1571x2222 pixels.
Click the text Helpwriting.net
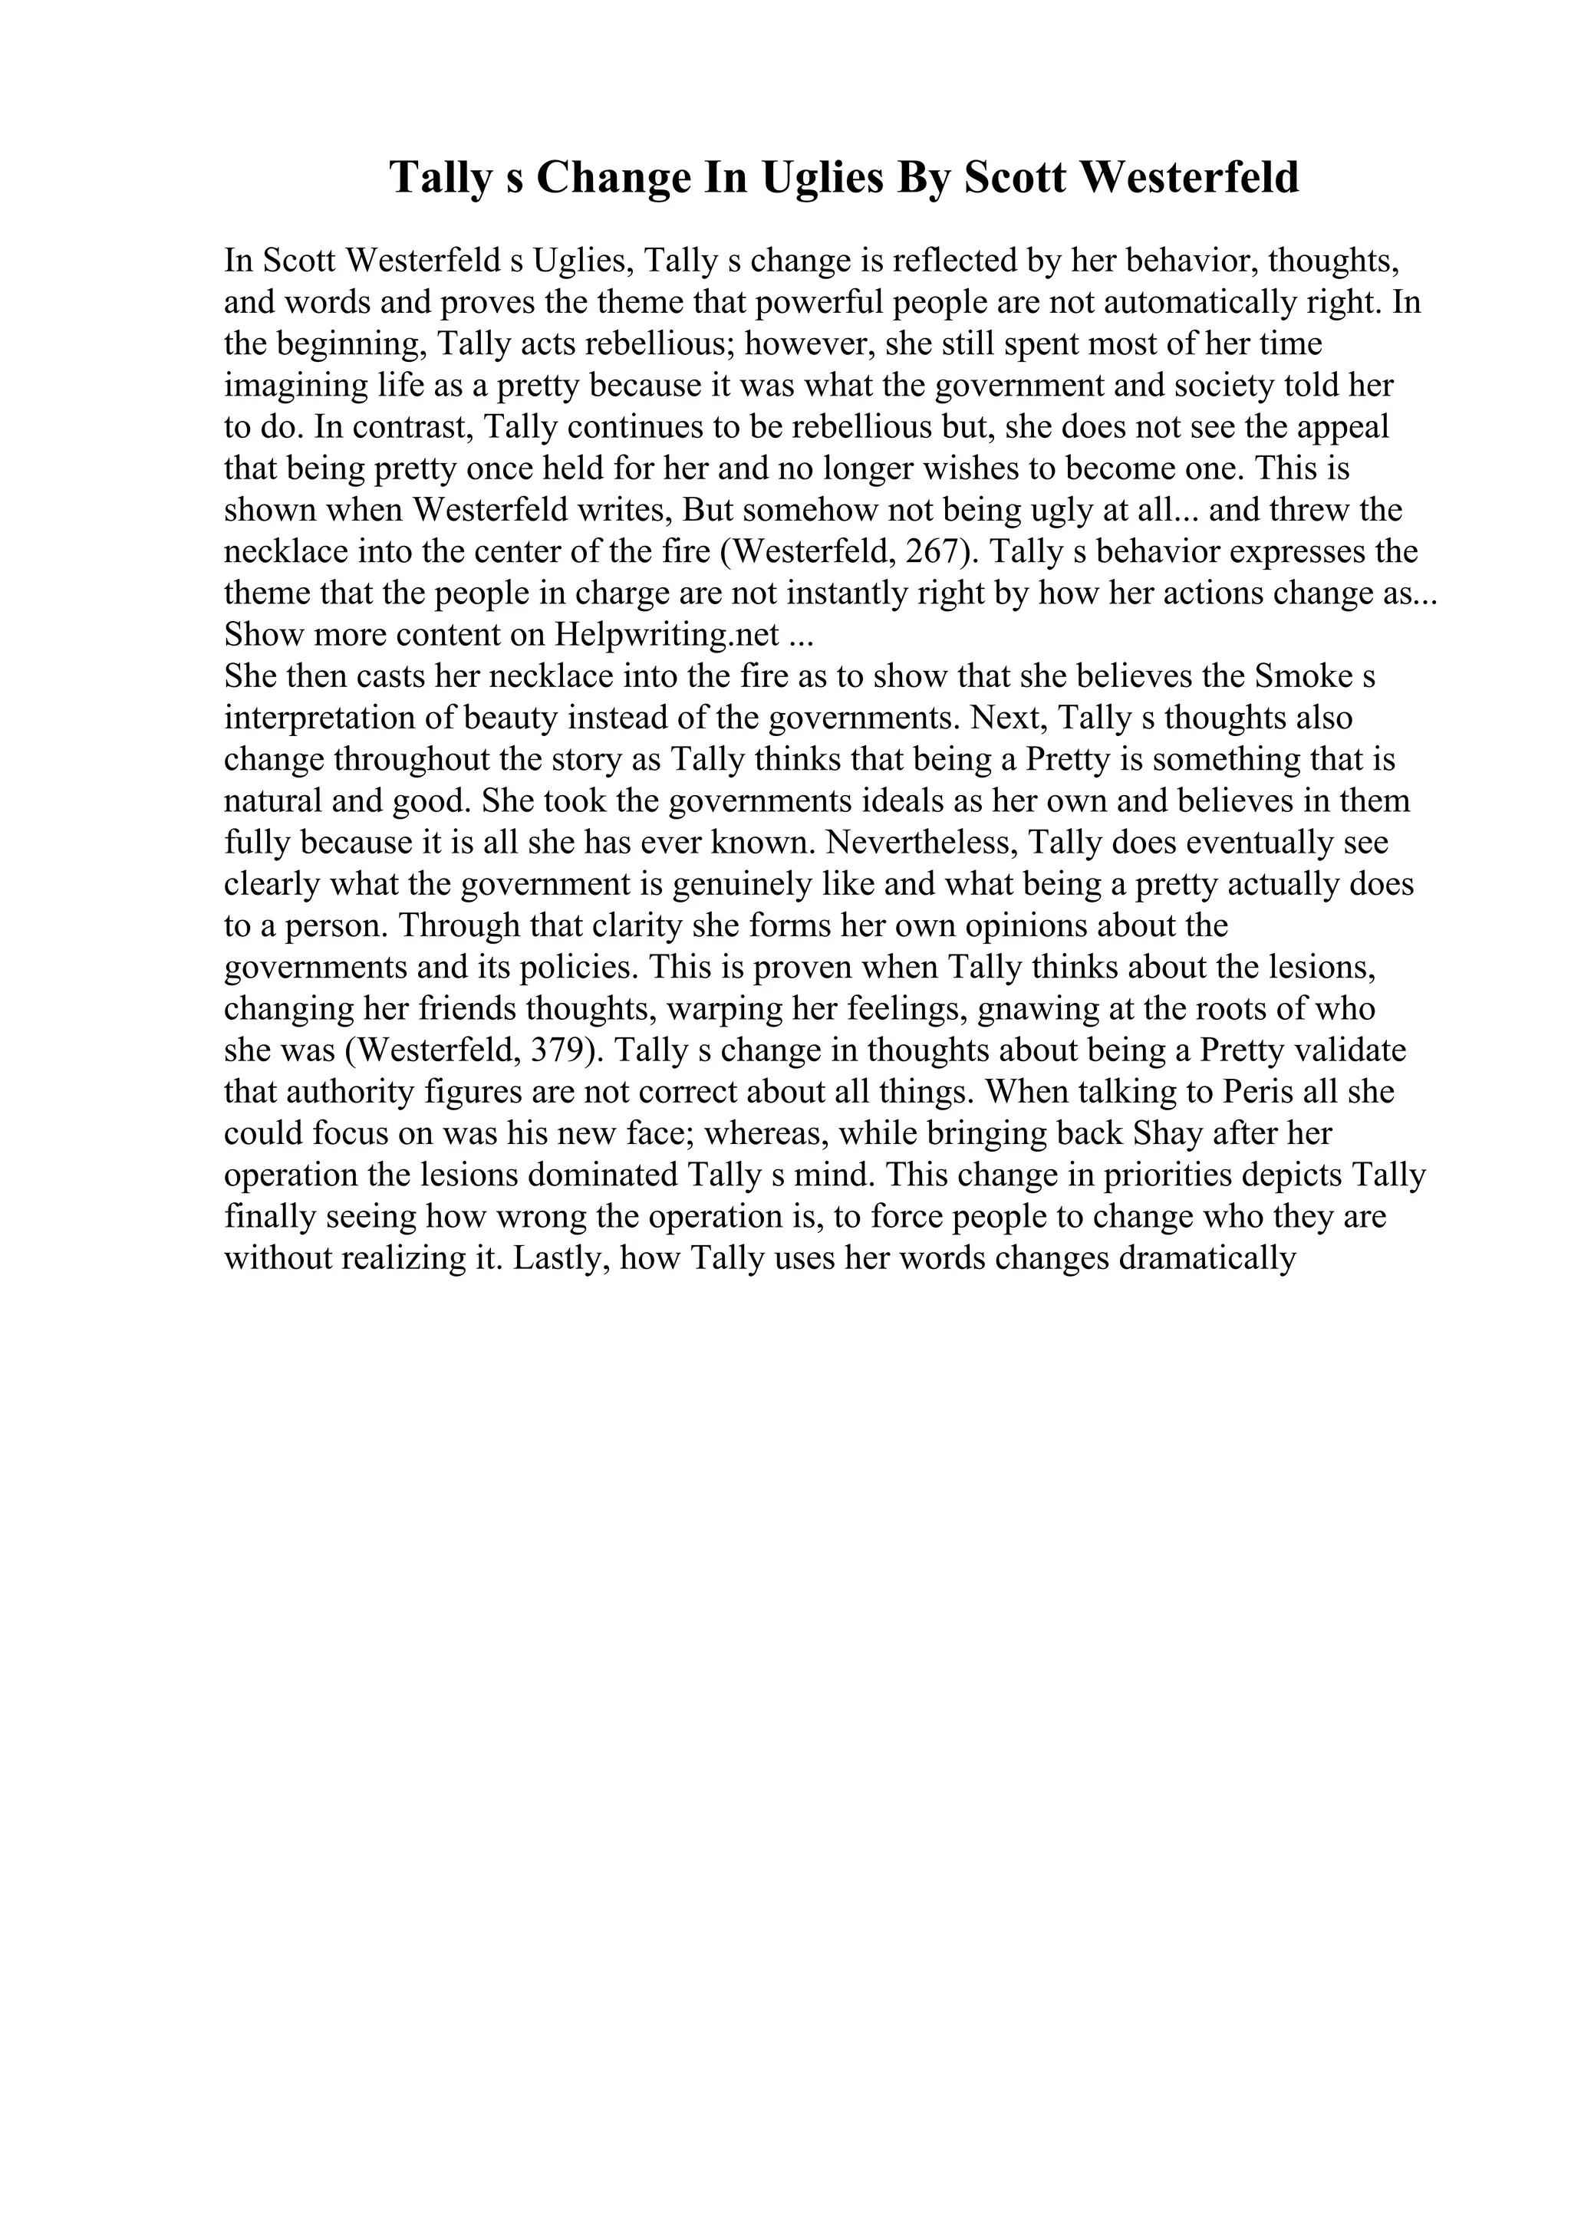pos(667,635)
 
